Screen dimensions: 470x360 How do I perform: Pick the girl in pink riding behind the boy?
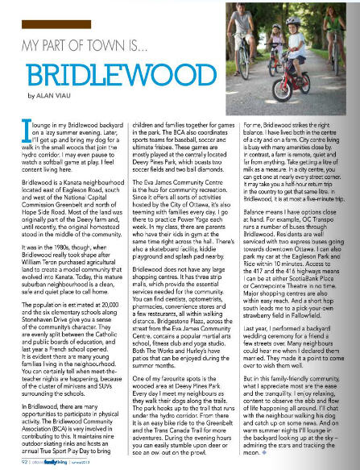tap(319, 60)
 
